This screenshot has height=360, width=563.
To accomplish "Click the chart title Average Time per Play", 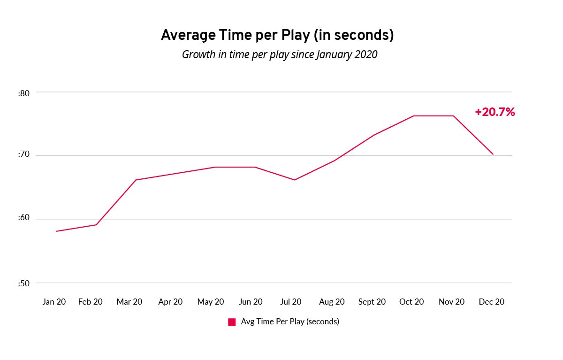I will [277, 35].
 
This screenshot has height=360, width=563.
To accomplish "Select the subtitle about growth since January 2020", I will [280, 54].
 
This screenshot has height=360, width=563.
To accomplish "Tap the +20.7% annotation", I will [495, 112].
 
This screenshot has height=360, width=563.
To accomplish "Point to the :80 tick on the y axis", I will [23, 93].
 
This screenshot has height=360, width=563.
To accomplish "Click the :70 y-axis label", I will [23, 155].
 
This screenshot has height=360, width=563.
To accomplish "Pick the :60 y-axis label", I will [23, 218].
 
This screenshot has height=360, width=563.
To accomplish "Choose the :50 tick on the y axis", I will [23, 283].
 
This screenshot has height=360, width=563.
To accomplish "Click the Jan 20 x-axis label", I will [54, 302].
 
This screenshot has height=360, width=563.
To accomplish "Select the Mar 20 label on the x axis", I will [129, 302].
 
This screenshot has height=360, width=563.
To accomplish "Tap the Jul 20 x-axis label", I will [291, 302].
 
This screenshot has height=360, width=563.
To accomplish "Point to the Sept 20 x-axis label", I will [372, 302].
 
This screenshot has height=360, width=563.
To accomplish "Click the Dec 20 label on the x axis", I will [492, 302].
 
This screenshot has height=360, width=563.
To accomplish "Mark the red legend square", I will [232, 322].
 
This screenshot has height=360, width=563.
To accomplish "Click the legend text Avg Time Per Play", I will [289, 322].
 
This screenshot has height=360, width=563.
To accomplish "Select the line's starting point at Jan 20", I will [56, 231].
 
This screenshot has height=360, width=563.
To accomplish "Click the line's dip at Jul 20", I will [295, 180].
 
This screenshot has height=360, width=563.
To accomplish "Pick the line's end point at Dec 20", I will [493, 154].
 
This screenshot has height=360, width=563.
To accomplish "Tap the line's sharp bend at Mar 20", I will [136, 180].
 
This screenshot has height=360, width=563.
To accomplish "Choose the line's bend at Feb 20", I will [96, 225].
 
